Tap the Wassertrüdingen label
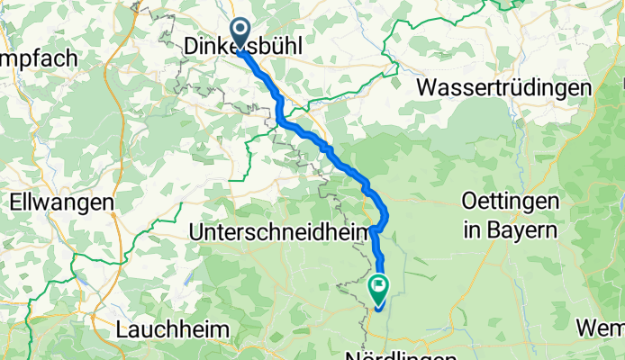tap(504, 88)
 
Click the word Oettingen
tap(510, 202)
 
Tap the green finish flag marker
tap(379, 289)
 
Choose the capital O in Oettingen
tap(469, 202)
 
